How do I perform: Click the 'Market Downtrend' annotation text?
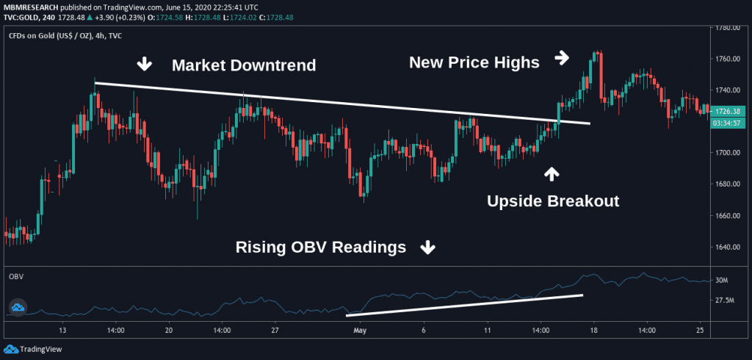click(244, 65)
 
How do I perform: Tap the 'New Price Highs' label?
click(474, 62)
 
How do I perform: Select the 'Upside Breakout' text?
click(553, 201)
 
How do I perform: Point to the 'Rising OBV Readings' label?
click(320, 248)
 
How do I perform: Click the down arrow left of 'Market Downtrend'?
click(145, 65)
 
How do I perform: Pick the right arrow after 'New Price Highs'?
click(562, 57)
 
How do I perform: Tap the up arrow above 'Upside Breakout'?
click(551, 174)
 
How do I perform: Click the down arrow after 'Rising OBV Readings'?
click(427, 248)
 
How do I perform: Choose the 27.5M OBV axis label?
click(723, 300)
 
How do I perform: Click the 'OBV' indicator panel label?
click(15, 276)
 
